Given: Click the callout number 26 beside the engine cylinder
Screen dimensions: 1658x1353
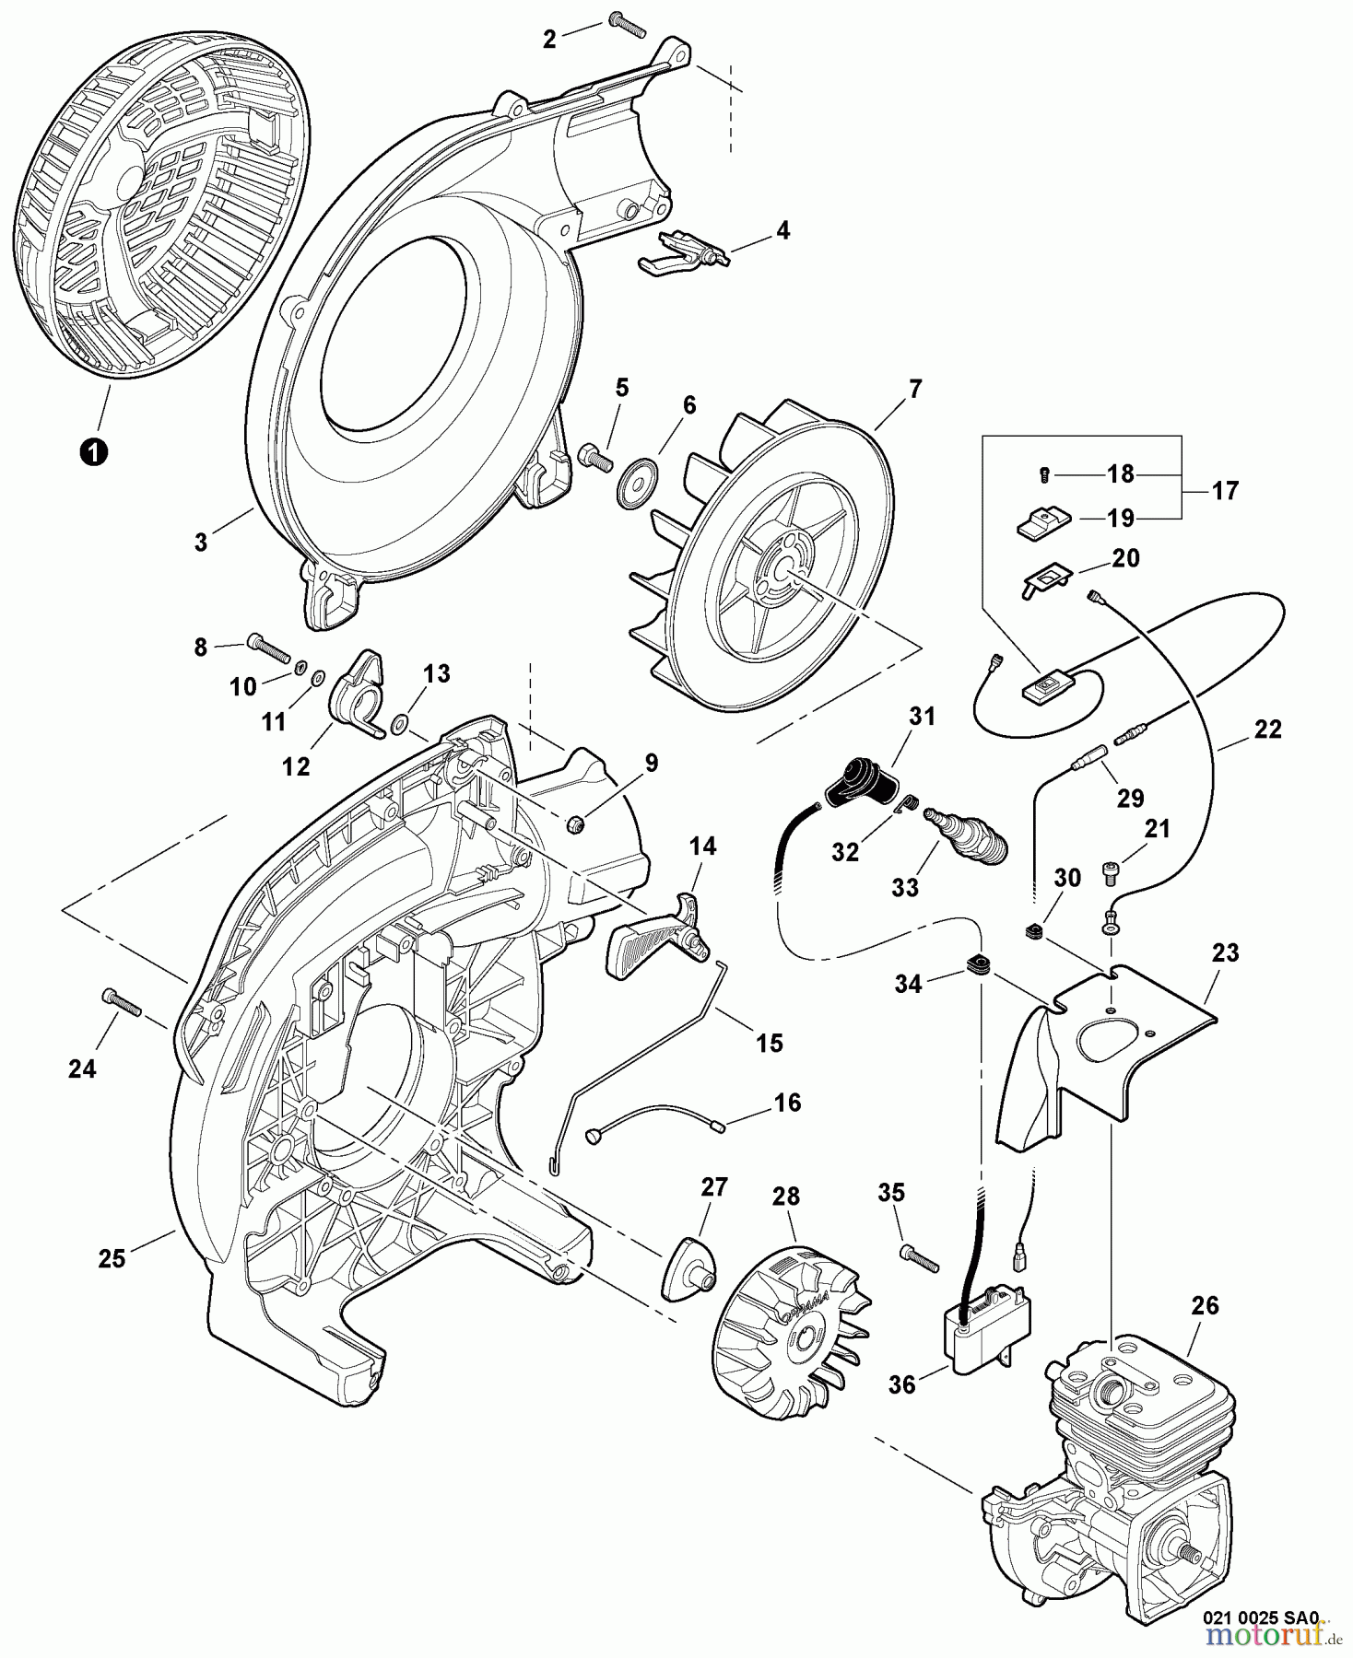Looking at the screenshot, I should pos(1204,1304).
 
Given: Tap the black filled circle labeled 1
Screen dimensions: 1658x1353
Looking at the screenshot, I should pos(92,451).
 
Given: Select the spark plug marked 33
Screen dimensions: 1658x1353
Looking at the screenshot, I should pos(971,834).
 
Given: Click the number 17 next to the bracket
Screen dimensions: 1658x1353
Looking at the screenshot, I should pos(1224,491).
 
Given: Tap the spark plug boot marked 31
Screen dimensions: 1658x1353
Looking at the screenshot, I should pos(862,785).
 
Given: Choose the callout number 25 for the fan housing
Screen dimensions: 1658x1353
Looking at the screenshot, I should pos(112,1258).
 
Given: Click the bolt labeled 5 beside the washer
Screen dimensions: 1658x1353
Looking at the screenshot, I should pos(595,456).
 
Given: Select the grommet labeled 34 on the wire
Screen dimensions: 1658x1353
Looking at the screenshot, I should pos(979,965).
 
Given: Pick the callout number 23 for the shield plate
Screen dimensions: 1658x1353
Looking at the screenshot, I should pos(1226,952).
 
